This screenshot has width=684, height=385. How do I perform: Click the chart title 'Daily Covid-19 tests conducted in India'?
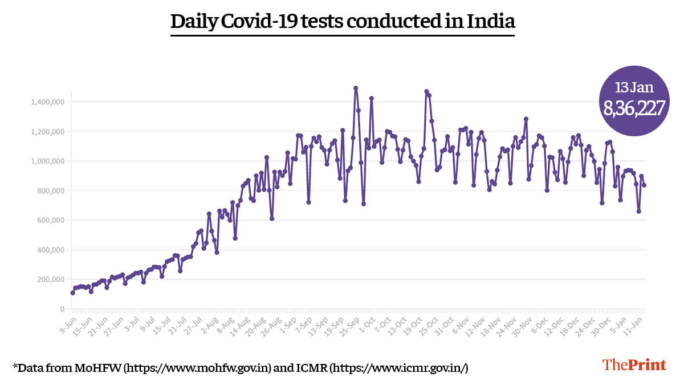coord(343,22)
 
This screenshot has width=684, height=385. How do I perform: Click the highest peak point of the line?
coord(356,88)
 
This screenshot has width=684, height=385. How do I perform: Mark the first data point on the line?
coord(72,293)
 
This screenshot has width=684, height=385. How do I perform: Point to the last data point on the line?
coord(644,185)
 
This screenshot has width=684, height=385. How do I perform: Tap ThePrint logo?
coord(634,365)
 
